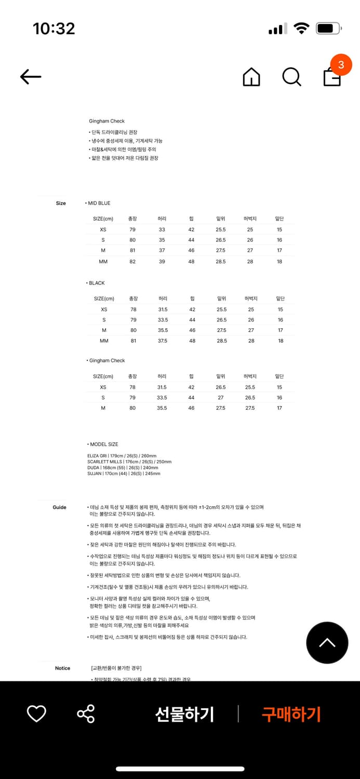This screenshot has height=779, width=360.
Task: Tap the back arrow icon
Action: (31, 77)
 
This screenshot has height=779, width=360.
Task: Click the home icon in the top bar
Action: (251, 77)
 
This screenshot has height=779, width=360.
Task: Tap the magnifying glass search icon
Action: (291, 77)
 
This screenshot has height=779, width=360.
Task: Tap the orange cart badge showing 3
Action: (341, 65)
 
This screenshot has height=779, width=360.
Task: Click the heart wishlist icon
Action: (36, 714)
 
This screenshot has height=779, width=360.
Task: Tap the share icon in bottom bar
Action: (86, 714)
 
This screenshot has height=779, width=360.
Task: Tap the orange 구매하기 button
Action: (291, 714)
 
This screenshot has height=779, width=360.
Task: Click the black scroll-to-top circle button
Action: (327, 642)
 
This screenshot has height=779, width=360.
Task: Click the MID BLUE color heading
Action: (98, 203)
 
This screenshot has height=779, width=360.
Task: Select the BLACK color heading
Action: (96, 283)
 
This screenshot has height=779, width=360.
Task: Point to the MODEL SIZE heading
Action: (103, 445)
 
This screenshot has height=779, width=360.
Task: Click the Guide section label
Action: (59, 507)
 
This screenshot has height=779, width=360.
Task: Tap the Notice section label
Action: (62, 668)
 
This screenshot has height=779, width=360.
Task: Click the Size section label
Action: (61, 203)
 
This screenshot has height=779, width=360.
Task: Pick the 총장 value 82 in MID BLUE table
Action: (132, 262)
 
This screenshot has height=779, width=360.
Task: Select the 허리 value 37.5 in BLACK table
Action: (163, 341)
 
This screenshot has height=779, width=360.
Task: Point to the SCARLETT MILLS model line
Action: (129, 462)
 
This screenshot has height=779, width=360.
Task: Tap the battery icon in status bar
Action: (328, 29)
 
